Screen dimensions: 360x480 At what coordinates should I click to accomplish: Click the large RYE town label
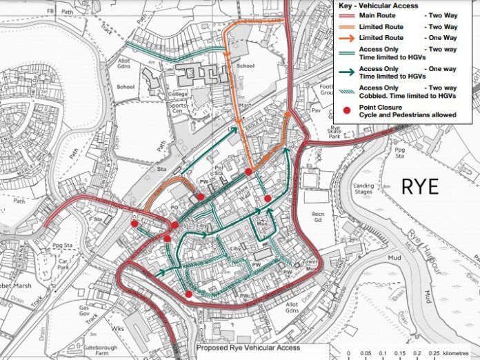pyautogui.click(x=419, y=186)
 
